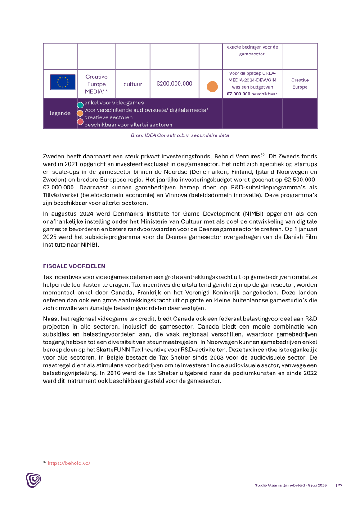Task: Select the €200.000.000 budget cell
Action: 174,84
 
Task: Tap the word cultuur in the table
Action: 133,84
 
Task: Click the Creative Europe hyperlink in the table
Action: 300,84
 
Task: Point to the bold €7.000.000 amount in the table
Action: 238,94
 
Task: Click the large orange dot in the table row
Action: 212,87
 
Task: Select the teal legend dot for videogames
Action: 80,105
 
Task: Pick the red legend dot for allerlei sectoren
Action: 80,122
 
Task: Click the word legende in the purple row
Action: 60,113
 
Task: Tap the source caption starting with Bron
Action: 180,135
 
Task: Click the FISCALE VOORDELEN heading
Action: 74,266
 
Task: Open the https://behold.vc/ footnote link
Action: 69,463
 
